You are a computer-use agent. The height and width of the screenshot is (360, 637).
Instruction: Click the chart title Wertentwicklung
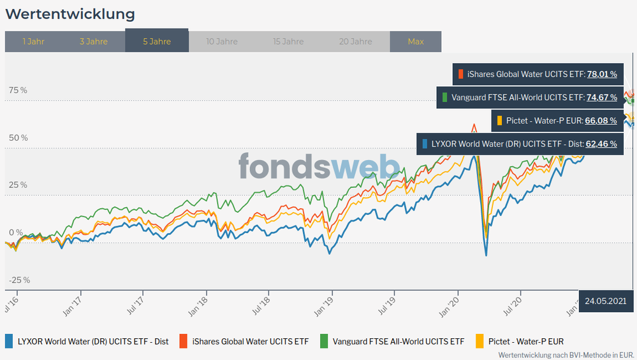click(70, 13)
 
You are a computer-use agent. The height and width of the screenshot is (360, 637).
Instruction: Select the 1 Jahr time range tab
click(33, 41)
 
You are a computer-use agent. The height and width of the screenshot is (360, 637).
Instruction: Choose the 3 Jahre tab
click(93, 41)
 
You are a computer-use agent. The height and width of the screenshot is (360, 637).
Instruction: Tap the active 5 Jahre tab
click(157, 41)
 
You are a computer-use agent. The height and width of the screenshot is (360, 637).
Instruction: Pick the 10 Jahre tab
click(222, 41)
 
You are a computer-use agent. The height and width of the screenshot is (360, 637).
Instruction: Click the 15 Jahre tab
click(288, 41)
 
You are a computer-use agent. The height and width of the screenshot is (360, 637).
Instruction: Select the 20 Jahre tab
click(356, 41)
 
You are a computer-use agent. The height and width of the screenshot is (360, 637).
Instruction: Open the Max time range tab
click(416, 41)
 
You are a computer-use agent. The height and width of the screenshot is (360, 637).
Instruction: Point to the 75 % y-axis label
click(18, 90)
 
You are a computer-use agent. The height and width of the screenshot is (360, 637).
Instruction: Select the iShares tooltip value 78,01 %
click(601, 74)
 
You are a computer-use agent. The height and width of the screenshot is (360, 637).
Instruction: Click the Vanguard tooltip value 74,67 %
click(601, 97)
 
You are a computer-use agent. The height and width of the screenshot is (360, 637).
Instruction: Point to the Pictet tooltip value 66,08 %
click(601, 120)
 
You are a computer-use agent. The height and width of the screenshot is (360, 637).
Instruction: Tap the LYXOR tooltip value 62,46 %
click(601, 144)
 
